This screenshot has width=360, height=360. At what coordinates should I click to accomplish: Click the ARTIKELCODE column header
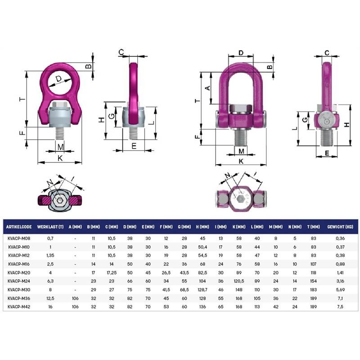click(19, 227)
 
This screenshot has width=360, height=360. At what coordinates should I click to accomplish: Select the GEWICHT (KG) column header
click(340, 227)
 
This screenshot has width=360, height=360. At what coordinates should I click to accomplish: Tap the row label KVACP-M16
click(19, 264)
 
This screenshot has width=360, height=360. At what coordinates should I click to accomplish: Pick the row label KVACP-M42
click(19, 307)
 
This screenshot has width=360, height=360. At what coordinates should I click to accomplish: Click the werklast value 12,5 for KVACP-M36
click(50, 298)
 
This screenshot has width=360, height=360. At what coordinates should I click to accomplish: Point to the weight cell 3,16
click(340, 281)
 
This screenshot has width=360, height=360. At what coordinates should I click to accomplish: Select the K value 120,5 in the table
click(239, 281)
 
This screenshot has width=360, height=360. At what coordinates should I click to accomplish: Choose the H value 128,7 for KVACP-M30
click(202, 290)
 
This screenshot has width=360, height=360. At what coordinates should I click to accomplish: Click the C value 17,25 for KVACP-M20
click(112, 273)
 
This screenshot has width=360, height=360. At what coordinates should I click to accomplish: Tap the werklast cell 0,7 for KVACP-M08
click(50, 238)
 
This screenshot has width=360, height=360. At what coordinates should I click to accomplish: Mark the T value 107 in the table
click(313, 264)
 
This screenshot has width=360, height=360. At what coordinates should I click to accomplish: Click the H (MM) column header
click(202, 227)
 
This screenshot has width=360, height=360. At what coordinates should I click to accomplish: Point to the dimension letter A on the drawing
click(207, 88)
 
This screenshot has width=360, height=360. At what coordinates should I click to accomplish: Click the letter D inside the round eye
click(59, 79)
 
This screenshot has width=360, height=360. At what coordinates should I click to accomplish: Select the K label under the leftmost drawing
click(60, 158)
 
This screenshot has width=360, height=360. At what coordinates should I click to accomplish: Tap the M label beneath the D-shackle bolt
click(241, 151)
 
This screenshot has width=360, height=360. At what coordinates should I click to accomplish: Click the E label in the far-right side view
click(327, 153)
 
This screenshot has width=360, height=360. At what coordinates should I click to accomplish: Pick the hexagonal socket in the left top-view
click(60, 200)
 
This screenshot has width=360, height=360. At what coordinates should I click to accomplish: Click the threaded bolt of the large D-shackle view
click(241, 137)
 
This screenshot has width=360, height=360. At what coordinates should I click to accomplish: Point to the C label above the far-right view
click(327, 53)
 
